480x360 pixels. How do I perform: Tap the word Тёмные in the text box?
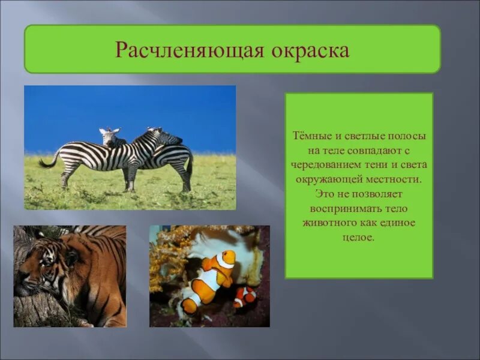coord(310,136)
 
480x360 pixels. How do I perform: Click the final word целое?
coord(358,238)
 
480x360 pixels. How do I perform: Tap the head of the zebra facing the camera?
coord(109,136)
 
